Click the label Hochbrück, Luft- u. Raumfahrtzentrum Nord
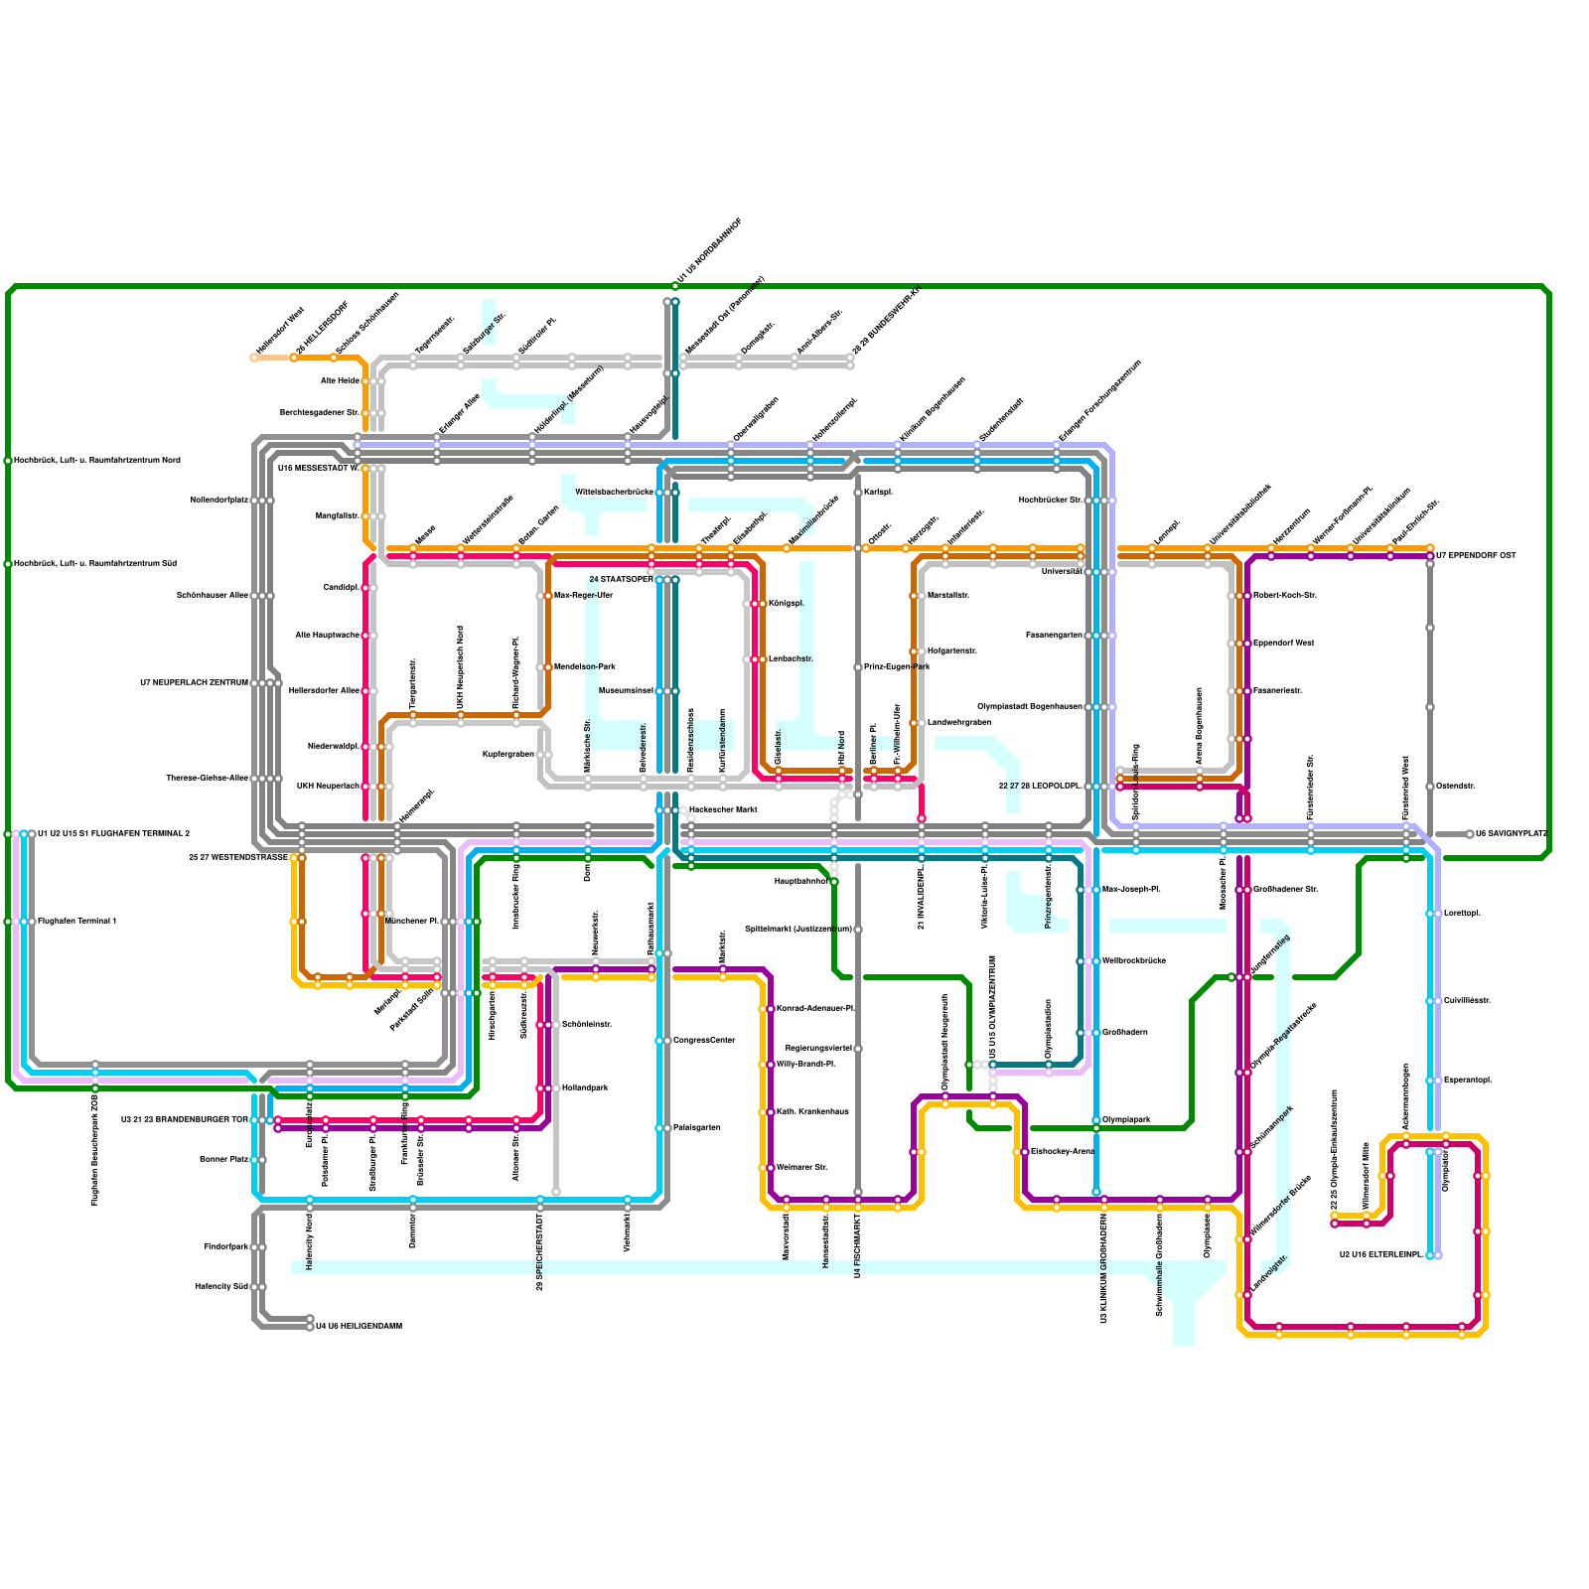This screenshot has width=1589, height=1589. point(97,461)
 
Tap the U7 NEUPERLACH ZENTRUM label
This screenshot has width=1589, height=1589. point(194,683)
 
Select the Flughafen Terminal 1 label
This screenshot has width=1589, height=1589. point(77,922)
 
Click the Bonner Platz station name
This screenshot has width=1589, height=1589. point(223,1160)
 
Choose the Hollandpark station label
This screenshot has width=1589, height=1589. point(585,1088)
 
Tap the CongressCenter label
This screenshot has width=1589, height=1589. point(704,1041)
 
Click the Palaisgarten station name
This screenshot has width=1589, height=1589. point(697,1128)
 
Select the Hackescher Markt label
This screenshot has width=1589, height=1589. point(723,810)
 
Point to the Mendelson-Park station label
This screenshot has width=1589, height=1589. point(585,667)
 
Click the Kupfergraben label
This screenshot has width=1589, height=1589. point(508,755)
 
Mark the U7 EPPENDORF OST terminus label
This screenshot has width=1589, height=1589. point(1476,556)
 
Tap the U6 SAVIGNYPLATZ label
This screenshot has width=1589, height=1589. point(1512,834)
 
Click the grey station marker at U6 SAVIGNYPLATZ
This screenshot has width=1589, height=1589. point(1470,834)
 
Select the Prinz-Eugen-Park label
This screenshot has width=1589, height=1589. point(897,667)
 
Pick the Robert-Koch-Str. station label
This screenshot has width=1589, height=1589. point(1285,596)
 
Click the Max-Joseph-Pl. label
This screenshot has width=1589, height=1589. point(1131,890)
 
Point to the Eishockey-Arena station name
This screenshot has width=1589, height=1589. point(1063,1152)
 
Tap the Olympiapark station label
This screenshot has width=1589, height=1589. point(1126,1120)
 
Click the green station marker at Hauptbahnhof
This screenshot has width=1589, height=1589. point(834,882)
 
